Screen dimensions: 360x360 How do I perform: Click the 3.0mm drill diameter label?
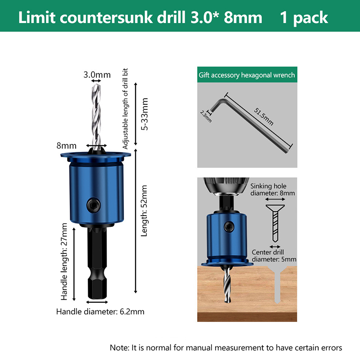[x=97, y=75]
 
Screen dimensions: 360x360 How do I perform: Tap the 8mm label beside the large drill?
[x=66, y=146]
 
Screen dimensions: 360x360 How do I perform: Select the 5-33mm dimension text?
[x=144, y=114]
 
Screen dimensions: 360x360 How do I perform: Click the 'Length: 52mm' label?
[x=144, y=211]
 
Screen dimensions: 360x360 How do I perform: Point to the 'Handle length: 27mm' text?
[x=64, y=261]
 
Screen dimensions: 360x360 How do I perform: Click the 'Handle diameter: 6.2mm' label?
[x=100, y=311]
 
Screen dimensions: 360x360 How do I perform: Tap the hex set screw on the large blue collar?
[x=94, y=205]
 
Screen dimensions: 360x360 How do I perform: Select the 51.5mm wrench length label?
[x=264, y=117]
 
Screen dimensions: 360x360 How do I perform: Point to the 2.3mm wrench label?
[x=206, y=117]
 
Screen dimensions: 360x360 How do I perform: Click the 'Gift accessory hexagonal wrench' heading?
[x=247, y=75]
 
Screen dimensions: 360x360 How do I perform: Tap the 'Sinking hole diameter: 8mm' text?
[x=273, y=189]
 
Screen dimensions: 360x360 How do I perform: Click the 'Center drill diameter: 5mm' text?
[x=274, y=256]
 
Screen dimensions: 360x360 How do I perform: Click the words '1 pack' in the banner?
[x=304, y=18]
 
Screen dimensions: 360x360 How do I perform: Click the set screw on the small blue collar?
[x=229, y=227]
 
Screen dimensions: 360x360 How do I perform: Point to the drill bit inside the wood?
[x=227, y=285]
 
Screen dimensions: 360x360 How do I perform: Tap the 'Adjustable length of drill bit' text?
[x=125, y=108]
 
